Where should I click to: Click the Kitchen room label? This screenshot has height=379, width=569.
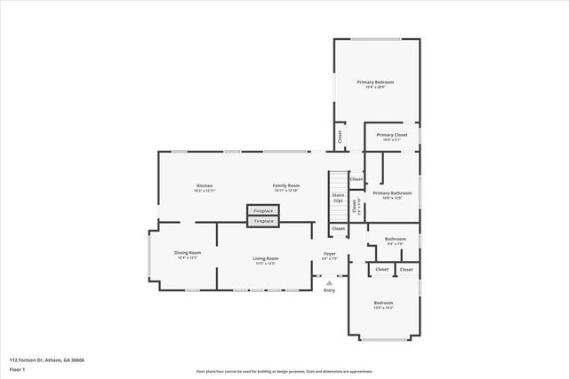pyautogui.click(x=204, y=186)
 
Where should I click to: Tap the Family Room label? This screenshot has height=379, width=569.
pyautogui.click(x=285, y=186)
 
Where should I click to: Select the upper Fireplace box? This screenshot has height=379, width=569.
pyautogui.click(x=263, y=210)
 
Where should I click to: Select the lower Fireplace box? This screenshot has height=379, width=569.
pyautogui.click(x=263, y=220)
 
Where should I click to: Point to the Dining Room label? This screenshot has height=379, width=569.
pyautogui.click(x=188, y=253)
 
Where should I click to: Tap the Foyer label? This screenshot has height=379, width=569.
pyautogui.click(x=329, y=254)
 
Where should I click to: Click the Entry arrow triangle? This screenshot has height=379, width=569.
pyautogui.click(x=329, y=282)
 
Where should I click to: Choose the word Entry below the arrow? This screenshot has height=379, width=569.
pyautogui.click(x=329, y=290)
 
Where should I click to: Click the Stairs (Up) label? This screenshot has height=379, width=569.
pyautogui.click(x=338, y=197)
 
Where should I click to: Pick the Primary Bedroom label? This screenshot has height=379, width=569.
pyautogui.click(x=375, y=83)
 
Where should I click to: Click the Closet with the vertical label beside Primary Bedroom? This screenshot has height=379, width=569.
pyautogui.click(x=339, y=137)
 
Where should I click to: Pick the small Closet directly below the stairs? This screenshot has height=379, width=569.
pyautogui.click(x=338, y=228)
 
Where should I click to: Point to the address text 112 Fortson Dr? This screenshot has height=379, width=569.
pyautogui.click(x=44, y=359)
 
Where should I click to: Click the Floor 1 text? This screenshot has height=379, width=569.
pyautogui.click(x=16, y=368)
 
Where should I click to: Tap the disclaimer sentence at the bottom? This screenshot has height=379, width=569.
pyautogui.click(x=284, y=371)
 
